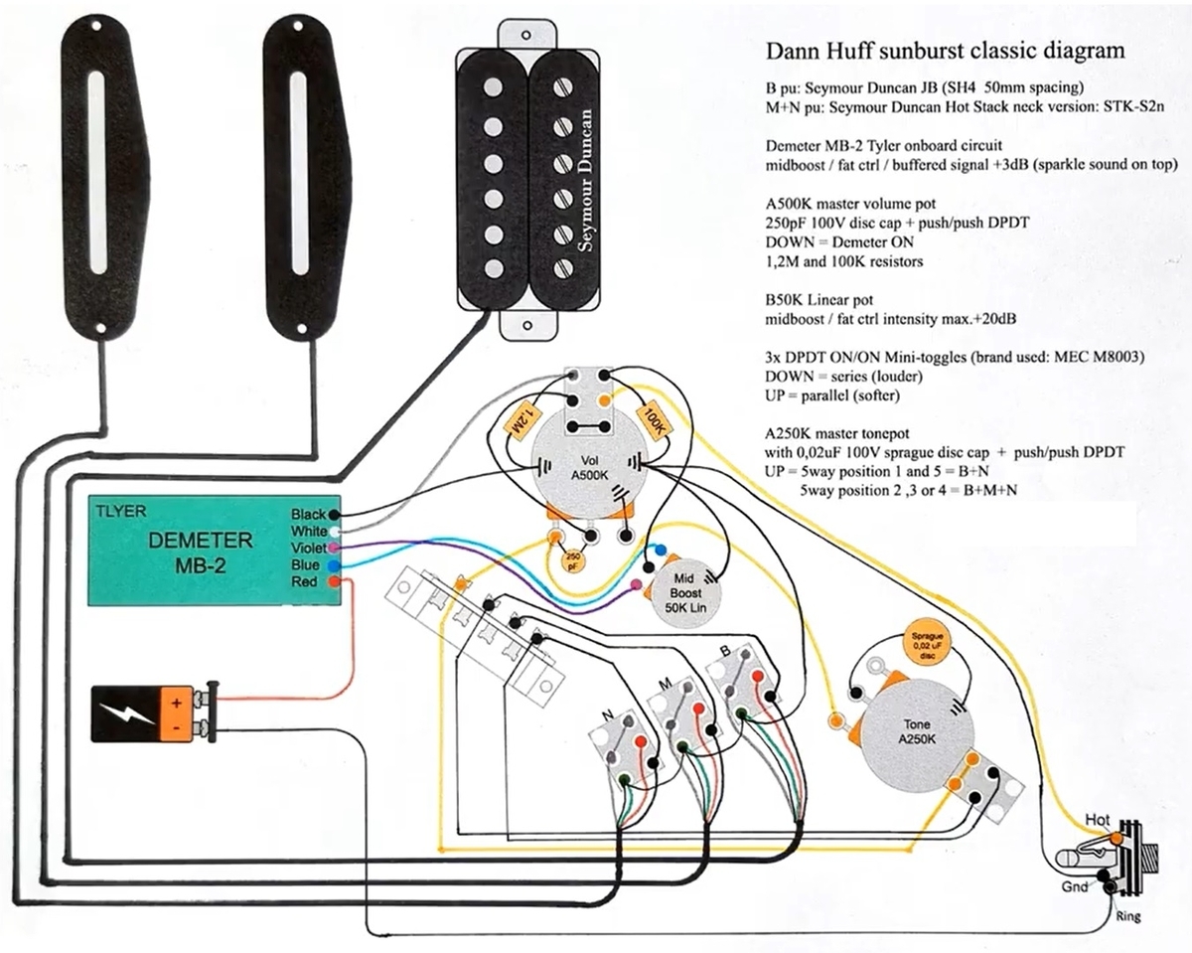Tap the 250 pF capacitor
tap(573, 561)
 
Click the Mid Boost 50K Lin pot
tap(685, 593)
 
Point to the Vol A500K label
tap(589, 468)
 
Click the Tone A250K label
tap(917, 731)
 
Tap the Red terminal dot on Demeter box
tap(334, 581)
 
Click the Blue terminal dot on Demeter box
tap(334, 565)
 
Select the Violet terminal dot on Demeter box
tap(334, 548)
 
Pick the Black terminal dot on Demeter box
tap(334, 514)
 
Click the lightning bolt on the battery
tap(126, 715)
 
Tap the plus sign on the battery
tap(176, 704)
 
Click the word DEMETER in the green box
tap(201, 541)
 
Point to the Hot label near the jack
tap(1098, 820)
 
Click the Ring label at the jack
tap(1127, 916)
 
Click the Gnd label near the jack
tap(1075, 887)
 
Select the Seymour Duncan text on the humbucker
tap(585, 181)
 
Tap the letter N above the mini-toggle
tap(608, 715)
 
